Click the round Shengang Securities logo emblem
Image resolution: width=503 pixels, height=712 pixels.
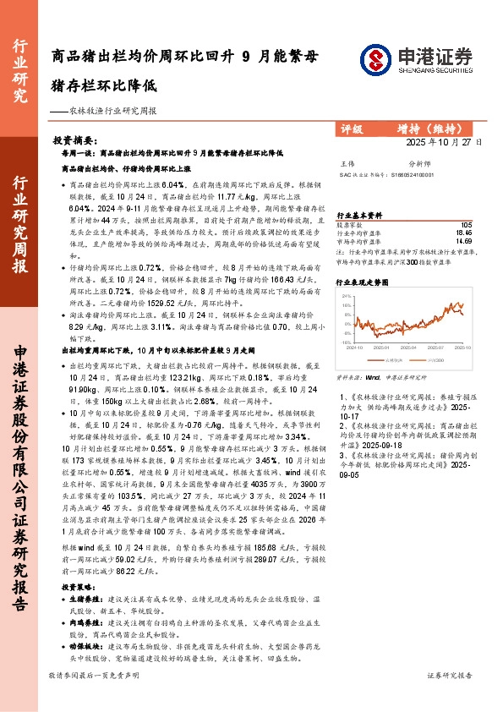(375, 58)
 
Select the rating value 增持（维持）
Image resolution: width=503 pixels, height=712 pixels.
(429, 129)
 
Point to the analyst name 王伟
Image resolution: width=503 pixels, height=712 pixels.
(347, 162)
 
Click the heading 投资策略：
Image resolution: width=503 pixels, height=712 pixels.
(77, 586)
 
